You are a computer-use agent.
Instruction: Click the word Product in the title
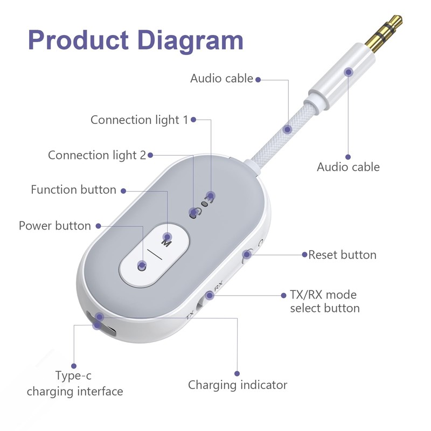coord(78,40)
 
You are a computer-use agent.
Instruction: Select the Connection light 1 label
coord(139,120)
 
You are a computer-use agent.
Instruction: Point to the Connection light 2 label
coord(97,155)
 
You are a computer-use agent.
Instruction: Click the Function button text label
coord(73,190)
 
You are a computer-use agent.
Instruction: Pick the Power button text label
coord(55,225)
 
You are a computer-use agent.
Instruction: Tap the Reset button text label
coord(342,254)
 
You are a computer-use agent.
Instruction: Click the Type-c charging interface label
coord(75,383)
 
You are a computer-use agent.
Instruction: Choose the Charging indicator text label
coord(237,385)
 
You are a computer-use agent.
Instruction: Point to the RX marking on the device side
coord(218,290)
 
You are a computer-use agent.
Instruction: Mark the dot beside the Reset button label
coord(304,254)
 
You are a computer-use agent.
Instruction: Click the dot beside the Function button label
coord(123,190)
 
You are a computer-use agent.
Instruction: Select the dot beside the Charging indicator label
coord(237,372)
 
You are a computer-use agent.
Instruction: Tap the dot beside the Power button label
coord(98,226)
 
